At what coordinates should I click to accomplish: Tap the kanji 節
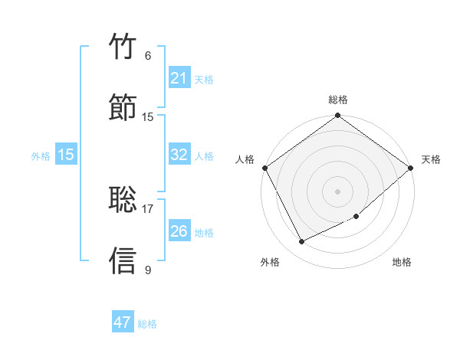tap(123, 106)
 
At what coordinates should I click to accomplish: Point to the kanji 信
tap(123, 260)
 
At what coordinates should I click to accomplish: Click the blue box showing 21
tap(179, 78)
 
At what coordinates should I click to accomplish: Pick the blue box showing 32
tap(179, 155)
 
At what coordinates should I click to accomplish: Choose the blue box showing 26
tap(179, 231)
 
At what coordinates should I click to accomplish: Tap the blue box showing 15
tap(66, 155)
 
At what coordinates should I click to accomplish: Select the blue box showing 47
tap(123, 322)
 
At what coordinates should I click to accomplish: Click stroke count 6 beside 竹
tap(148, 56)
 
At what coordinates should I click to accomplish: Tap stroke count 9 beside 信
tap(148, 270)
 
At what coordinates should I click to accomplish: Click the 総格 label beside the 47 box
tap(147, 324)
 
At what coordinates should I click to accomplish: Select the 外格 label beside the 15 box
tap(41, 156)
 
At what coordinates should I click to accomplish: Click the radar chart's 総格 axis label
tap(338, 100)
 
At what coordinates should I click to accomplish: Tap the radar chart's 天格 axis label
tap(431, 159)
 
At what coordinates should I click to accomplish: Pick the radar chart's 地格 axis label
tap(402, 262)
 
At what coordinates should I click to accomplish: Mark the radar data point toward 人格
tap(264, 168)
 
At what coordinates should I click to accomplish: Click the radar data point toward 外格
tap(302, 242)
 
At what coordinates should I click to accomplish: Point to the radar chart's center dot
tap(337, 191)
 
